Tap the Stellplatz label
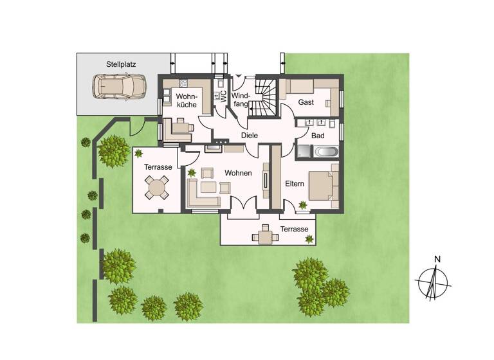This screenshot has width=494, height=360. (121, 64)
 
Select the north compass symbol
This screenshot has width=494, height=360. (435, 281)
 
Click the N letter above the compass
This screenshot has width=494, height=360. (437, 260)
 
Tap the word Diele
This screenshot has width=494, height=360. (249, 136)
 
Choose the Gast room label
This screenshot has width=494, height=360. (306, 103)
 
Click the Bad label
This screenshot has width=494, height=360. (317, 136)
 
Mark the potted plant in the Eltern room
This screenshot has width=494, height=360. (302, 206)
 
